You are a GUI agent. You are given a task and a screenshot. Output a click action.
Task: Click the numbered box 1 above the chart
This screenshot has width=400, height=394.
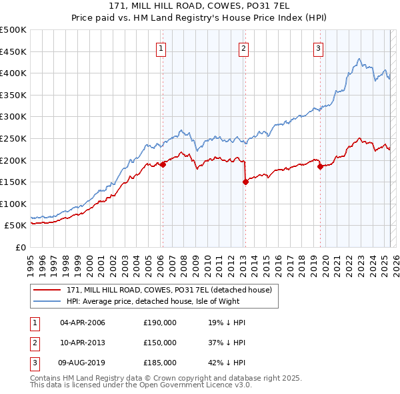point(162,48)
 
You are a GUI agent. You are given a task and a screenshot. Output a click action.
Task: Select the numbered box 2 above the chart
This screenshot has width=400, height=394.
point(244,48)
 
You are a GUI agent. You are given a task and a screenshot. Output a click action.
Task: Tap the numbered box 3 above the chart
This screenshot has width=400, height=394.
point(319,48)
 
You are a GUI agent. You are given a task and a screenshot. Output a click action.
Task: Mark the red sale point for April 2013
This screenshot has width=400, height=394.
point(245,181)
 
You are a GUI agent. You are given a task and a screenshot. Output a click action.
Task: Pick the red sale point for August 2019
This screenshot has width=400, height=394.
point(320,167)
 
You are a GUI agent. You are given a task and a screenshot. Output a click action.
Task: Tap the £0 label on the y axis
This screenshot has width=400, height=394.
point(20,247)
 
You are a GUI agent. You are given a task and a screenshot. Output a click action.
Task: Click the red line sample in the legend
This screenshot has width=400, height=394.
point(47,290)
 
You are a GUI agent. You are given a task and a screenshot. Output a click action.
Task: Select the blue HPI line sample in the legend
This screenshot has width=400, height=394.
point(47,301)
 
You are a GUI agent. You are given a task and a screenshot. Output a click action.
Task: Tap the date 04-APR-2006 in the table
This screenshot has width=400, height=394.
point(83,323)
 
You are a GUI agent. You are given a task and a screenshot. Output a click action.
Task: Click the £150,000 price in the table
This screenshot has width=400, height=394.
point(160,343)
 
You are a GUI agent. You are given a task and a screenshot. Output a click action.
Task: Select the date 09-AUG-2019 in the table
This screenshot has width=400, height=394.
point(83,363)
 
